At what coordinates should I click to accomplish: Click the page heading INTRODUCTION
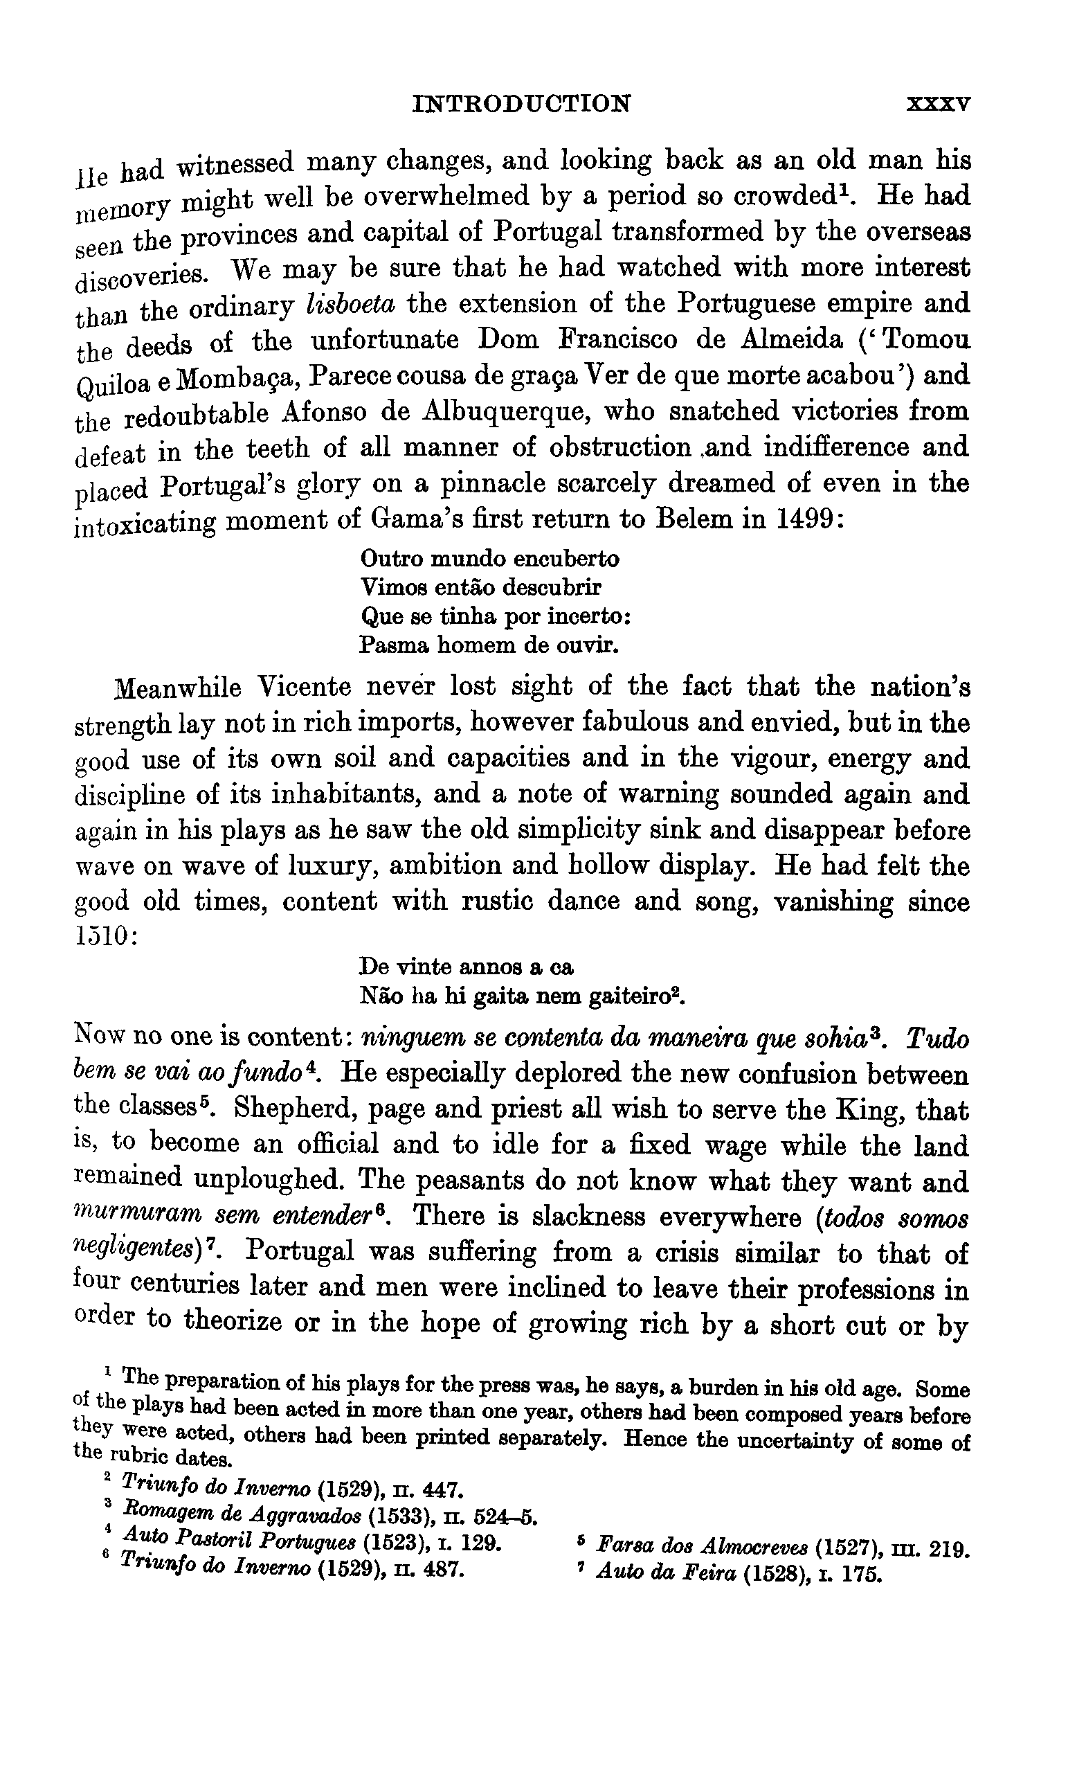522,104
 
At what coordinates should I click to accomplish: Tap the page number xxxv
938,105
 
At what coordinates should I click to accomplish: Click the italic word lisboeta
350,305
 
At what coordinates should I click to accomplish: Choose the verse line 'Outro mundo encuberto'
490,558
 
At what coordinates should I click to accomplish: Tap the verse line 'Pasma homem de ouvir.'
489,645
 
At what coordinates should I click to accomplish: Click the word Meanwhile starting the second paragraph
179,688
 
